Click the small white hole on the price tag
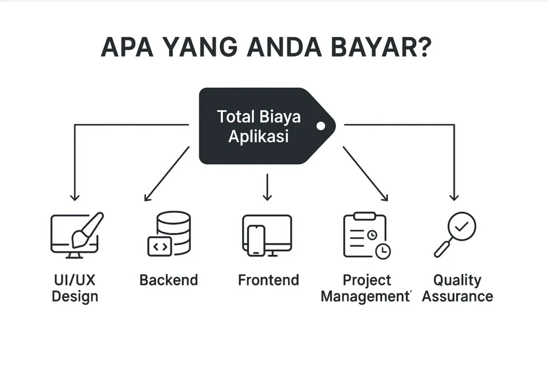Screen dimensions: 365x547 [x=321, y=126]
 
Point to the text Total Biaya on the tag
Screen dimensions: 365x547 [x=259, y=117]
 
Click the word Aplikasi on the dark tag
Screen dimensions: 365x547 [x=259, y=136]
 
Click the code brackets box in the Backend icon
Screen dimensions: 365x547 [x=160, y=246]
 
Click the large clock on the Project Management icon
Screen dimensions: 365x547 [x=382, y=251]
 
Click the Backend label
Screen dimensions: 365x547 [x=169, y=280]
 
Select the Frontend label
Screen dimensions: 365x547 [x=268, y=280]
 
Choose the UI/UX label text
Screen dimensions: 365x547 [x=75, y=280]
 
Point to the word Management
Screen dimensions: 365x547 [x=364, y=297]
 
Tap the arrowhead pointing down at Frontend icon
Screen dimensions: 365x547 [x=268, y=197]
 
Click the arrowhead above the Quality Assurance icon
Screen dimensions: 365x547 [x=454, y=197]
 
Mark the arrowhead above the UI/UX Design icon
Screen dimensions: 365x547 [x=74, y=197]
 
